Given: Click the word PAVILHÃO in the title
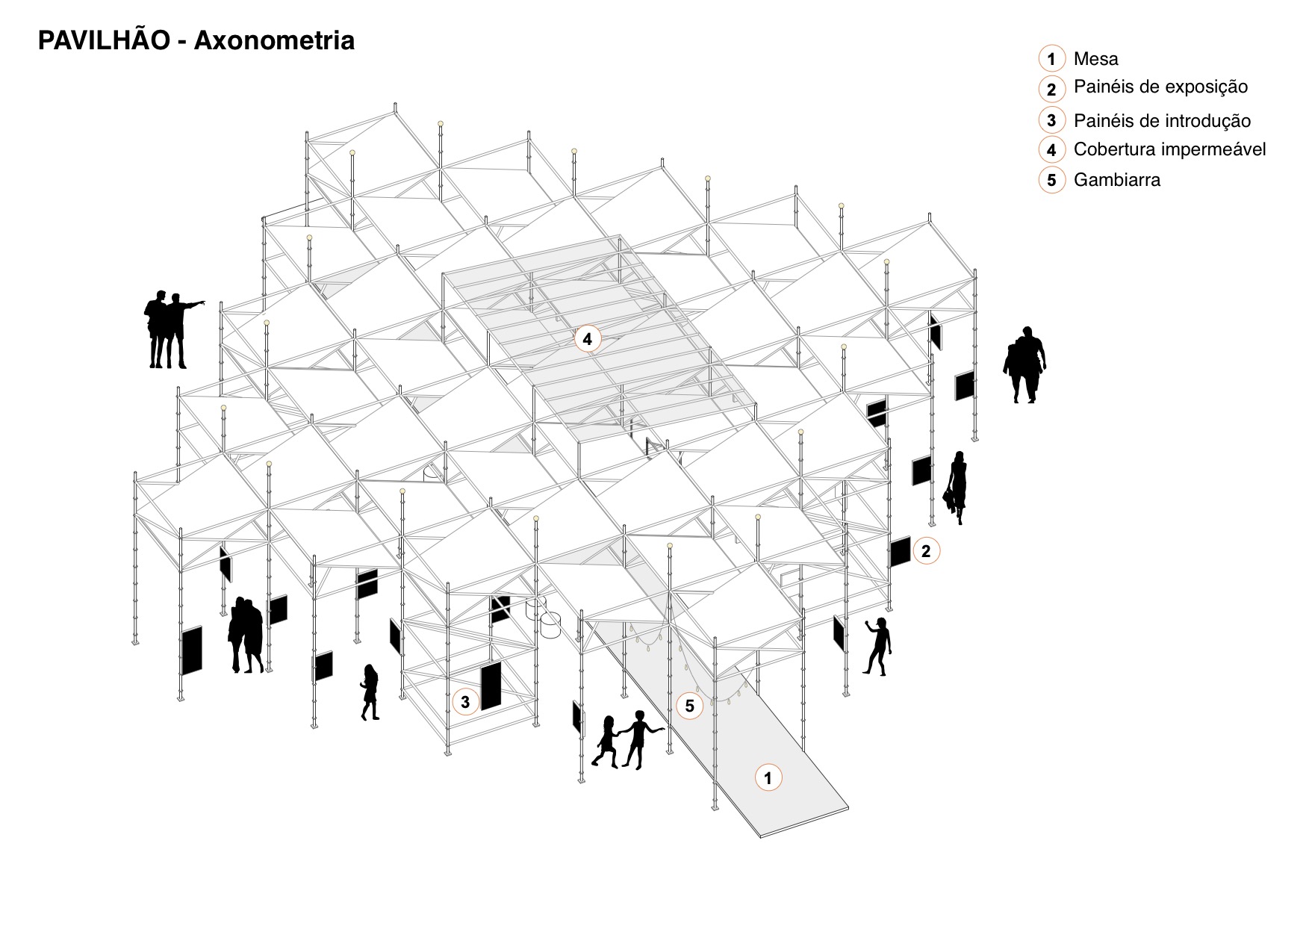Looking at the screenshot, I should click(104, 40).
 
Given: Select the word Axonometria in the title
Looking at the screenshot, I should click(274, 40).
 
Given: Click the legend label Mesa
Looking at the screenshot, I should click(1095, 59).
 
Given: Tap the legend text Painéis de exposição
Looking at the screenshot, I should click(1160, 87).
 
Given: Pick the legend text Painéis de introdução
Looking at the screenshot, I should click(1162, 120).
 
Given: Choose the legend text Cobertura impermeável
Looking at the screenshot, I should click(1169, 149).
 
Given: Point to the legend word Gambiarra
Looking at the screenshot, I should click(1116, 180).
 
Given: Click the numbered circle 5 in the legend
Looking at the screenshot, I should click(1051, 180).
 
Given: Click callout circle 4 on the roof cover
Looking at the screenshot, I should click(588, 339).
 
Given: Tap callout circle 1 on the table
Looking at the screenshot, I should click(768, 777).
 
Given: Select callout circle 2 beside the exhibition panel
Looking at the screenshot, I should click(926, 551).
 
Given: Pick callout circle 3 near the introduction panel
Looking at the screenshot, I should click(465, 702).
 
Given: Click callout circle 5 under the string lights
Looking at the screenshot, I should click(689, 706).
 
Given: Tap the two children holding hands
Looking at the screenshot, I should click(626, 740).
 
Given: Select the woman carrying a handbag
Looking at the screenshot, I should click(956, 488).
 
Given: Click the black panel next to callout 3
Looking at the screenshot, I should click(491, 686).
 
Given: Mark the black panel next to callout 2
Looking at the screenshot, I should click(900, 552).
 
